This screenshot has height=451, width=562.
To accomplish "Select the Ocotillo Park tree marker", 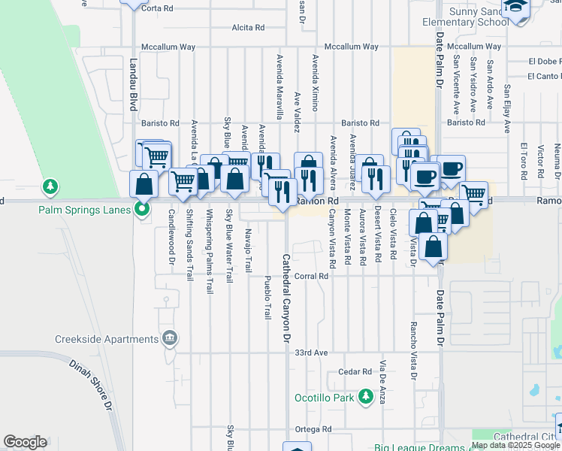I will click(365, 396).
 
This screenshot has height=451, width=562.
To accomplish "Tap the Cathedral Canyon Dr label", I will click(286, 298).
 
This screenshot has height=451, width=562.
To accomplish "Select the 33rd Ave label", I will click(311, 352).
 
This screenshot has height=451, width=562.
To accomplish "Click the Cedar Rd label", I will click(355, 371).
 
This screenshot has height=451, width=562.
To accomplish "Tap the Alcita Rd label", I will click(248, 28).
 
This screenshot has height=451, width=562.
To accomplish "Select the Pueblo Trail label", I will click(267, 298).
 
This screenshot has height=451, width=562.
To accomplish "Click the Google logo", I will click(25, 442).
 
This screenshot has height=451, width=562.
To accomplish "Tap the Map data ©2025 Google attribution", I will click(516, 445).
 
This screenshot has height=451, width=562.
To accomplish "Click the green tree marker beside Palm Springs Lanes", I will click(50, 185).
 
